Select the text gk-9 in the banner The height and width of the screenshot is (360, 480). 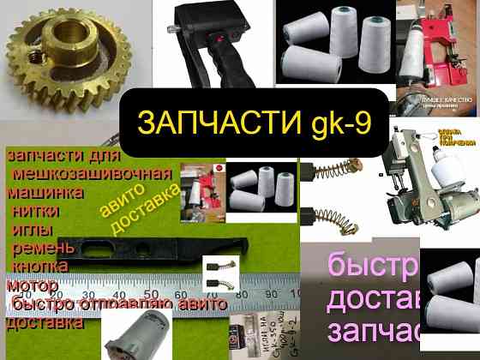click(x=339, y=123)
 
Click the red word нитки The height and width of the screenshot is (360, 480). click(x=39, y=210)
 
